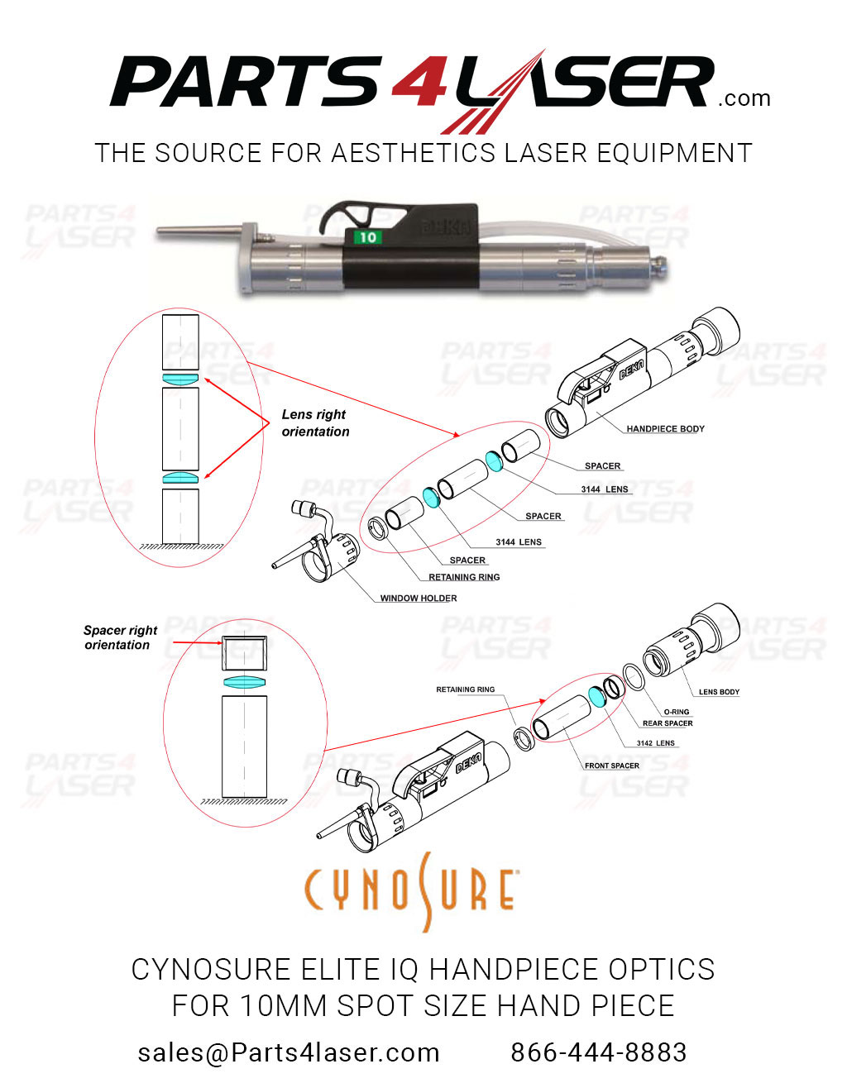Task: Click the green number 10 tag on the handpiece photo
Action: [x=367, y=237]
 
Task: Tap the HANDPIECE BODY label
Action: [x=665, y=429]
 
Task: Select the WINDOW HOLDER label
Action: [x=418, y=599]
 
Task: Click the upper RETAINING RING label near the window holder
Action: [x=464, y=578]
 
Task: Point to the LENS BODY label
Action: [x=719, y=692]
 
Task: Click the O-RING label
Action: [x=676, y=712]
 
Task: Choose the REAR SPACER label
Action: [x=668, y=723]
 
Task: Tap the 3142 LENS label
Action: [x=655, y=743]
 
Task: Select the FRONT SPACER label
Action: [x=611, y=766]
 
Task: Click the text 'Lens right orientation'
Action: [x=315, y=422]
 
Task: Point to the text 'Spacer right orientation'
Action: [x=120, y=637]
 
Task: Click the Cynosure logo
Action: [x=411, y=891]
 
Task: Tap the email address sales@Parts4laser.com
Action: [x=288, y=1052]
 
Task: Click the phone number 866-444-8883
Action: [x=598, y=1052]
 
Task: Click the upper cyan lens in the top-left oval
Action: [x=180, y=379]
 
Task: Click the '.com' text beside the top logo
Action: [x=744, y=99]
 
